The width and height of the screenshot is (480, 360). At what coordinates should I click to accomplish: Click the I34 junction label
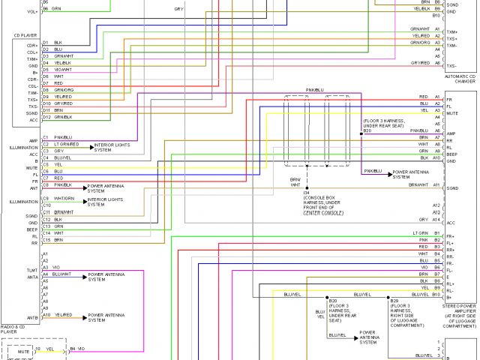[x=306, y=193]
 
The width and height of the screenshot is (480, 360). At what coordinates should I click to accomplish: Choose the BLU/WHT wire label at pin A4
[x=64, y=274]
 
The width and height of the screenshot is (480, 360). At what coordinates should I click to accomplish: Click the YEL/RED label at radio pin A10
[x=63, y=315]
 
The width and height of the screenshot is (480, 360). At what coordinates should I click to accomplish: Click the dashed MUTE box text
[x=22, y=350]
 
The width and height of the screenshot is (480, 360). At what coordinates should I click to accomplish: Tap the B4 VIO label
[x=78, y=349]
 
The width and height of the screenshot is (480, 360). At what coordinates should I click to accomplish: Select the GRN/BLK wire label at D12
[x=63, y=117]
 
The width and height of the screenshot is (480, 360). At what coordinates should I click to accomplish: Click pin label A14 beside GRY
[x=436, y=219]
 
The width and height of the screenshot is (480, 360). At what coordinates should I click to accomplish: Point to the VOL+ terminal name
[x=32, y=12]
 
